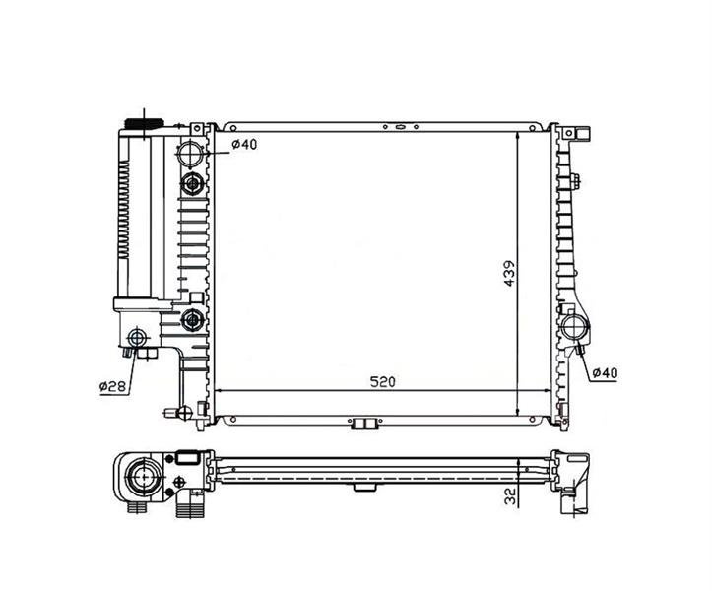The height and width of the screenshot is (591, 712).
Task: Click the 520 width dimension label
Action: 383,382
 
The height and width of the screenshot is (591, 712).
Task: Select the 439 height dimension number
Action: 509,273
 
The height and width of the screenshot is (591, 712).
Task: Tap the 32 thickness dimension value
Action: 510,495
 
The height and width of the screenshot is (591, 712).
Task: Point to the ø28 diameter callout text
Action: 112,386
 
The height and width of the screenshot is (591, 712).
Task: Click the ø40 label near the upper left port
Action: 244,145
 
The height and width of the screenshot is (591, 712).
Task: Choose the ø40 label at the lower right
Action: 605,373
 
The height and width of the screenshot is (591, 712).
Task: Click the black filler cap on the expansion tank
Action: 144,124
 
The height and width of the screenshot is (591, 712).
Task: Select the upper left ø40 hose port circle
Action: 190,154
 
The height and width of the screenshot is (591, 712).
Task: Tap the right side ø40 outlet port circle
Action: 575,327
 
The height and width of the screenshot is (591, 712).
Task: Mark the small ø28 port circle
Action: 138,339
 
